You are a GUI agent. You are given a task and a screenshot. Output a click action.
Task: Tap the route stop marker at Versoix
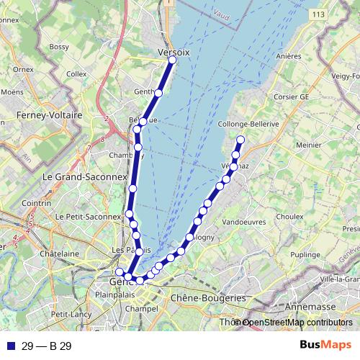[172, 60]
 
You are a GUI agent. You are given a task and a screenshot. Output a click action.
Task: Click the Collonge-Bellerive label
[248, 124]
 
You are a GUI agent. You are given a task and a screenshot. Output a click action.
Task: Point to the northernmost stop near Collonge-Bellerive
[240, 140]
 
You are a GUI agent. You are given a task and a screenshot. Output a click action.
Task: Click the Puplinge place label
[305, 255]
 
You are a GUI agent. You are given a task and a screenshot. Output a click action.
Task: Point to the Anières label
[287, 55]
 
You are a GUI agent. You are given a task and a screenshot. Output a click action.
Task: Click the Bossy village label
[59, 47]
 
